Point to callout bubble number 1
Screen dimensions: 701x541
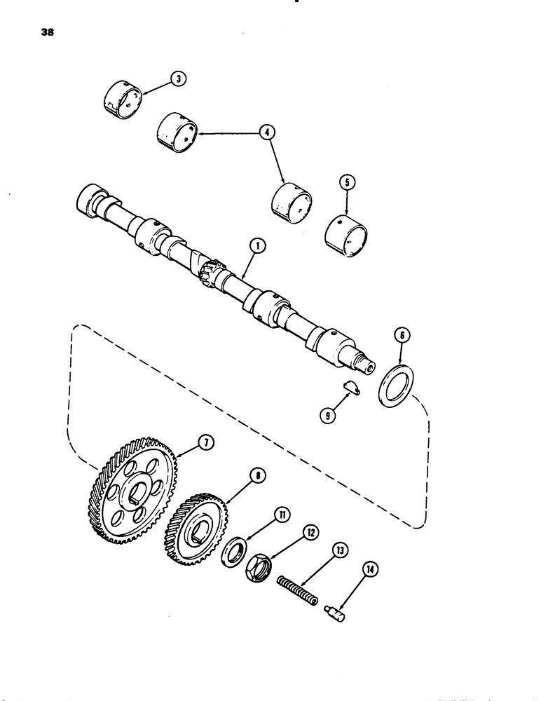(259, 245)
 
